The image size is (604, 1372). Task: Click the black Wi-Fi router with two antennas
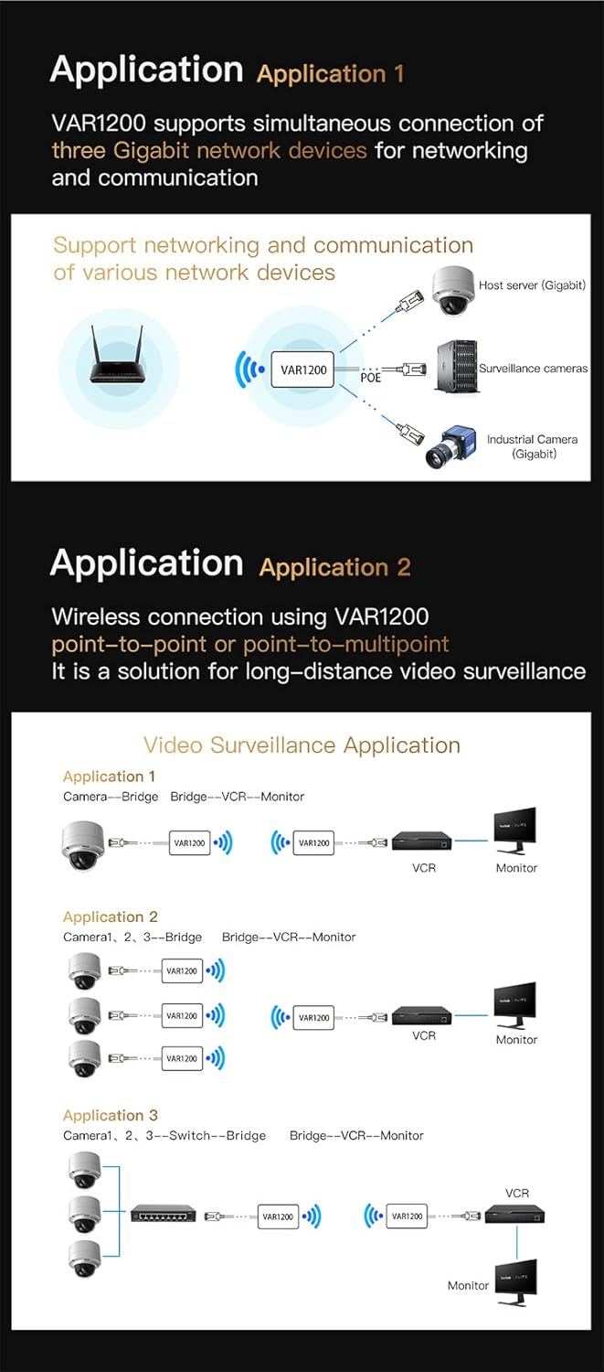(x=118, y=362)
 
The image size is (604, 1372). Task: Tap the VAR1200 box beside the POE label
(x=303, y=370)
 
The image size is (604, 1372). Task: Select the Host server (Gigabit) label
(x=532, y=285)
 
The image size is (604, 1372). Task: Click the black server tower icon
(x=456, y=366)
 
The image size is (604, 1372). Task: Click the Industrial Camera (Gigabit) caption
(x=532, y=446)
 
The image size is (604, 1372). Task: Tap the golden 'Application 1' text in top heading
(x=330, y=74)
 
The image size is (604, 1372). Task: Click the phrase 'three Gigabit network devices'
(x=209, y=150)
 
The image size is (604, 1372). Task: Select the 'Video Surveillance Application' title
(x=302, y=745)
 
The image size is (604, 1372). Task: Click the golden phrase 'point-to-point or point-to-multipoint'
(x=249, y=644)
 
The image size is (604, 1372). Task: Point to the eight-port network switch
(x=163, y=1215)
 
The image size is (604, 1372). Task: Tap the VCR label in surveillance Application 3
(x=517, y=1194)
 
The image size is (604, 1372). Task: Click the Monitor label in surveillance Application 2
(x=516, y=1039)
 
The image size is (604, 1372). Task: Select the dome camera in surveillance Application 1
(x=83, y=843)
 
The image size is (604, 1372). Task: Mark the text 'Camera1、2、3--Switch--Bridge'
(x=164, y=1135)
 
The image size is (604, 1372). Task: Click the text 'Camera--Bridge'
(x=111, y=797)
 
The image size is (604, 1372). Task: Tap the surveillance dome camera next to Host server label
(x=452, y=290)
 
